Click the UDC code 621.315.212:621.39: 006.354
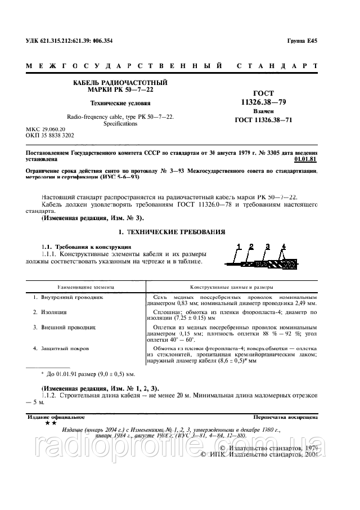pos(69,41)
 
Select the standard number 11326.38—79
pos(260,102)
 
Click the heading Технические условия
pos(121,103)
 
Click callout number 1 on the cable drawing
pos(239,246)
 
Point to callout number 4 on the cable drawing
pos(283,246)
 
